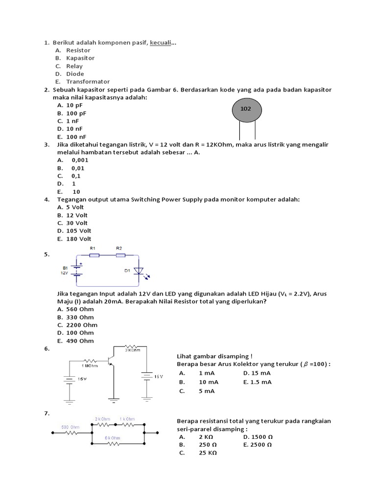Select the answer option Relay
click(x=74, y=66)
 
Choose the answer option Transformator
click(x=88, y=82)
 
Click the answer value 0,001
click(x=80, y=160)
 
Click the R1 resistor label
click(x=93, y=249)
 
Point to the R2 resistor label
click(x=119, y=249)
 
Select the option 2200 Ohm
click(x=82, y=325)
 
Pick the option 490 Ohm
click(x=80, y=341)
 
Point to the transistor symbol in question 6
click(x=112, y=361)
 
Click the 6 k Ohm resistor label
click(x=113, y=438)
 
